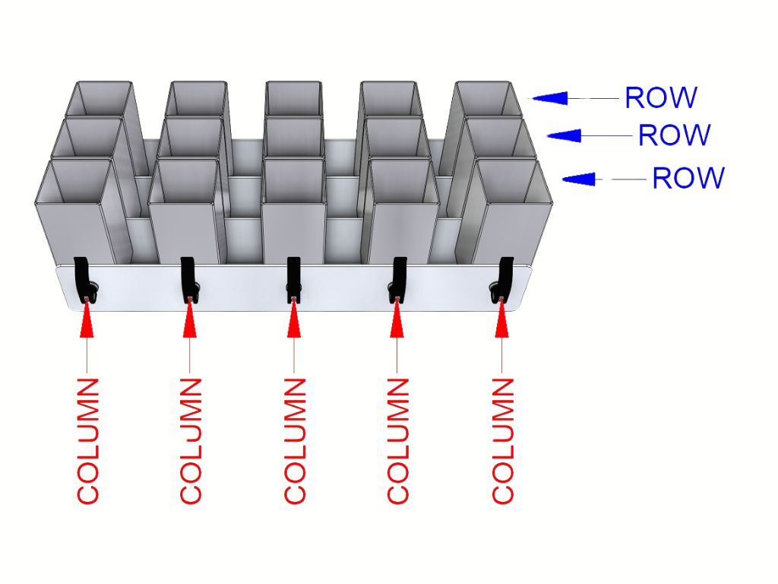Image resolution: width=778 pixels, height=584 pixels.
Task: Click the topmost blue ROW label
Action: click(x=660, y=97)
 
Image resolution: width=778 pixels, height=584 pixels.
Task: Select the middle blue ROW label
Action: click(x=674, y=135)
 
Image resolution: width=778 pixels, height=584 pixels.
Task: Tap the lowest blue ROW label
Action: click(x=688, y=178)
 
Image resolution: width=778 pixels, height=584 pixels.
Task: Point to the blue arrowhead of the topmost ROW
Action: click(x=549, y=97)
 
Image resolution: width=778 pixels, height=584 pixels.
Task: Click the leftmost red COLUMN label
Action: click(x=88, y=440)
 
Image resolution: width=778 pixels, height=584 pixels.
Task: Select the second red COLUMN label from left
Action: click(x=191, y=440)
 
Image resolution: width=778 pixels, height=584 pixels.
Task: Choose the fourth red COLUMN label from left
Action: click(x=397, y=440)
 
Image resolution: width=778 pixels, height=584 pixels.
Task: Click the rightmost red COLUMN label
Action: click(x=502, y=440)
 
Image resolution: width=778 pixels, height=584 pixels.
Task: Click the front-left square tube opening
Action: click(x=74, y=181)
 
